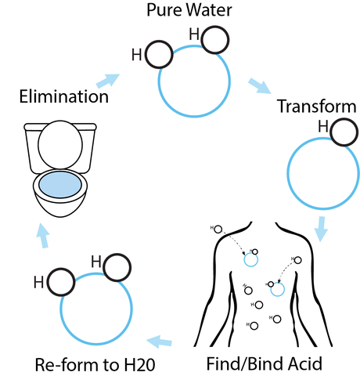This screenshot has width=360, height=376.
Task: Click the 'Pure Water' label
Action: point(189,10)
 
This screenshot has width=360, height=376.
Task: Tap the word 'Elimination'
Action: point(64,96)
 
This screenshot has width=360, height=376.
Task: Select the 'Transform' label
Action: point(316,107)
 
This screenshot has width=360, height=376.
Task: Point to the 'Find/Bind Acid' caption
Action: point(265,363)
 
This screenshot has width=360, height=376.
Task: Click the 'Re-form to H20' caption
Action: point(95,364)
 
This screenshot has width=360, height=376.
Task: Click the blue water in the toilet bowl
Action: point(60,185)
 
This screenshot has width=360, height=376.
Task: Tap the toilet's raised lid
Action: point(60,145)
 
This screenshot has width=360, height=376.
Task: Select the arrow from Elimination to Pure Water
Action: point(108,81)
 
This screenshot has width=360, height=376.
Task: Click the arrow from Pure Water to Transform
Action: point(260,85)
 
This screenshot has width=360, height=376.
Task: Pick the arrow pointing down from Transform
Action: point(321,229)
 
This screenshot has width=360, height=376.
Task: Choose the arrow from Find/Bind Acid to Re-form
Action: point(160,342)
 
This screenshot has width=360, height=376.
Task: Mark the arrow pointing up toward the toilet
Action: point(43,235)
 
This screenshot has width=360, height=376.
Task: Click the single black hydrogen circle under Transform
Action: point(344,132)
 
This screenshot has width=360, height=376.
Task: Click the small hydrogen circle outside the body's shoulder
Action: point(218,230)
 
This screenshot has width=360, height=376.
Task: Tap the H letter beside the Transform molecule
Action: point(323,126)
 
